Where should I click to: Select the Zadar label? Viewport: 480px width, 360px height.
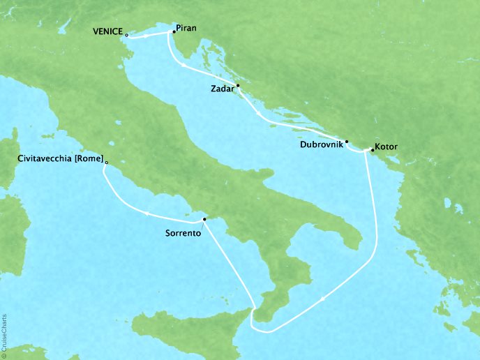(x=222, y=89)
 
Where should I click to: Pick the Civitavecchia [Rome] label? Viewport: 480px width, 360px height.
(x=59, y=159)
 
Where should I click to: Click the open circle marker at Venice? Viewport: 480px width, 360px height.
(x=126, y=33)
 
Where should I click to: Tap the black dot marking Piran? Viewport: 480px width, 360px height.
(x=174, y=31)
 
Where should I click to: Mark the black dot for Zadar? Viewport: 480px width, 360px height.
(x=238, y=86)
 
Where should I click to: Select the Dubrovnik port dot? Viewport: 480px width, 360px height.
(x=346, y=140)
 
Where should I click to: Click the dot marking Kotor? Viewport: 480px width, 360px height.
(x=373, y=149)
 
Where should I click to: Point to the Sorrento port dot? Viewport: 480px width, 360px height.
(x=204, y=220)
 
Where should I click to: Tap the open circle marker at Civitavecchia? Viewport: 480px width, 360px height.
(x=106, y=161)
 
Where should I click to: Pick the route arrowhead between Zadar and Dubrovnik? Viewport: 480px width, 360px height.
(x=260, y=113)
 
